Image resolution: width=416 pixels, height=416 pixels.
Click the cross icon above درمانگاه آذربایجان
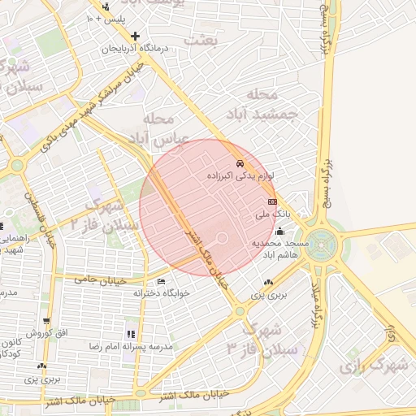pos(135,36)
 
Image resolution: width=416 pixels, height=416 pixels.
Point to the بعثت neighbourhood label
pos(200,38)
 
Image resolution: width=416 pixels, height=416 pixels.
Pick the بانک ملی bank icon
pos(271,201)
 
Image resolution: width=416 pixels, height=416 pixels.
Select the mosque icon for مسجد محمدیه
pos(280,231)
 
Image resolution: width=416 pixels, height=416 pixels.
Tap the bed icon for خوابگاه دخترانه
pos(160,281)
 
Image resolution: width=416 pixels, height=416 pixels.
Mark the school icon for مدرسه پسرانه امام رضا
pos(130,334)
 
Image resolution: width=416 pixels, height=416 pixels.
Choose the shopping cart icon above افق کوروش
pos(46,322)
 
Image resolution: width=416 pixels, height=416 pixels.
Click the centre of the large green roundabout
pos(323,241)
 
